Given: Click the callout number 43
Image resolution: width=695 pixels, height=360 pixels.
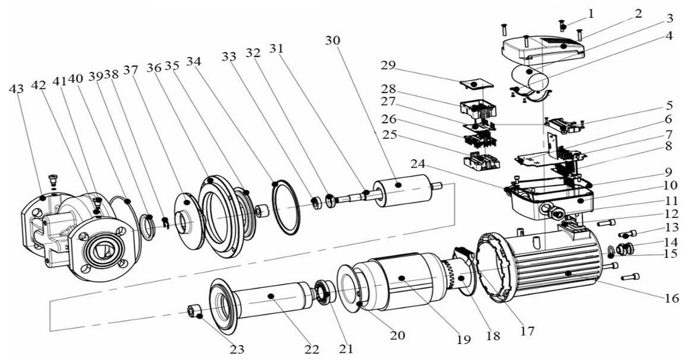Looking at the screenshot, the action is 16,89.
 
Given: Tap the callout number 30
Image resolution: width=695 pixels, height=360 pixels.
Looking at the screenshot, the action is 333,40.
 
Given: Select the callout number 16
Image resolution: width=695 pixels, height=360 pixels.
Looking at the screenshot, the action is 672,298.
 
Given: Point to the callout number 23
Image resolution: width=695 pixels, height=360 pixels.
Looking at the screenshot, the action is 237,349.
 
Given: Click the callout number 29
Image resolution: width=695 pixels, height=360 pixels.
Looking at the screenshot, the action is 388,65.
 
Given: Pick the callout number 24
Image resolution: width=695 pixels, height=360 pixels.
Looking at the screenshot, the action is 418,164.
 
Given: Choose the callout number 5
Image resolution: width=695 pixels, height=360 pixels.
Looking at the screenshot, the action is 669,105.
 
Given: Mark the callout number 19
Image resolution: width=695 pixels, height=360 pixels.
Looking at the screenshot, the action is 463,340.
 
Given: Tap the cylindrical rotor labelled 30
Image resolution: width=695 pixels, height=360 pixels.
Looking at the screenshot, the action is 402,190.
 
